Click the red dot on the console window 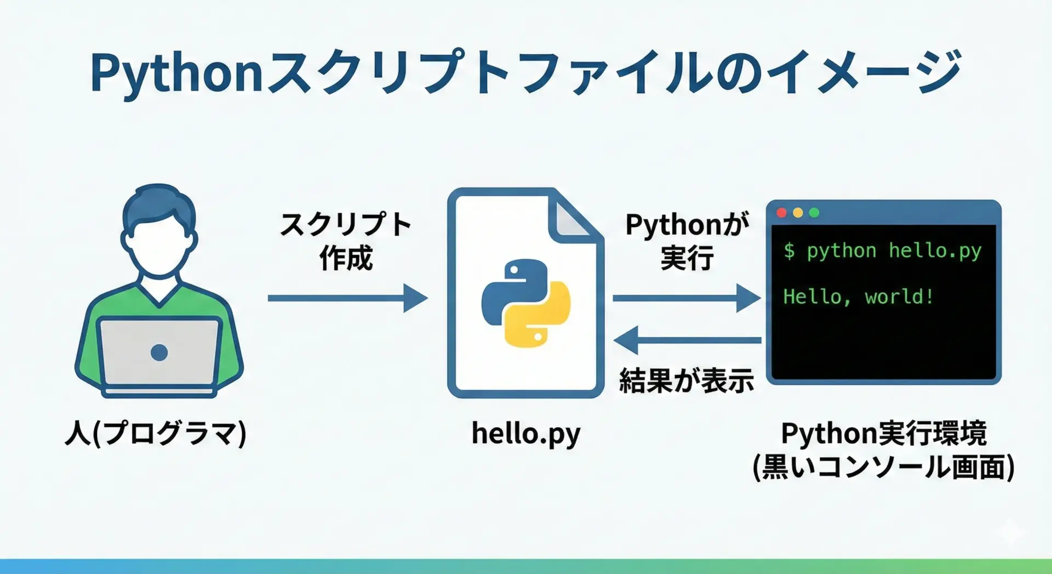(x=782, y=213)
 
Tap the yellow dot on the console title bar (x=798, y=213)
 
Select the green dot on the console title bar (x=814, y=213)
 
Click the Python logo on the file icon (x=526, y=303)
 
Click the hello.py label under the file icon (x=526, y=434)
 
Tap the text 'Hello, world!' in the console (x=858, y=297)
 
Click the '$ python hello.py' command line (x=882, y=251)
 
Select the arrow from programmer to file (x=348, y=298)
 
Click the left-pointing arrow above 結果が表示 (x=687, y=340)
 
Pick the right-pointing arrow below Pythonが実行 (x=687, y=298)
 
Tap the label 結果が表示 (x=687, y=380)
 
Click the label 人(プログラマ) (x=156, y=433)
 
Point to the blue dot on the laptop (x=159, y=353)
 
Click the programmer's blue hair (x=159, y=206)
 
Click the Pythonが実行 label (x=687, y=241)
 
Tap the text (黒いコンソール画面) (x=884, y=467)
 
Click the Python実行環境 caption (x=884, y=433)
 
